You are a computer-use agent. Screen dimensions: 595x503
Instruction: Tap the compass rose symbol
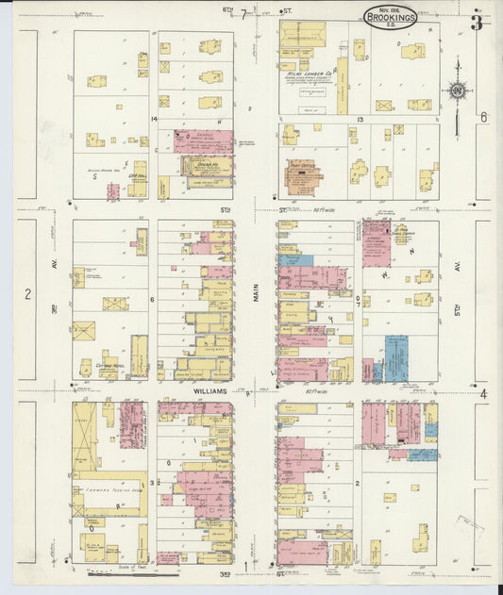click(x=458, y=91)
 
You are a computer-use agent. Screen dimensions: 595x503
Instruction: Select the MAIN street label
click(x=255, y=295)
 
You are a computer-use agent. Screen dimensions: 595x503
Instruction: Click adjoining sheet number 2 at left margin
click(x=27, y=294)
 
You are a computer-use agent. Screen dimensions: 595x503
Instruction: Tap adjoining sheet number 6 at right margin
click(x=482, y=118)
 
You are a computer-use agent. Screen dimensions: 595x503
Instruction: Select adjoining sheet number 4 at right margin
click(x=482, y=394)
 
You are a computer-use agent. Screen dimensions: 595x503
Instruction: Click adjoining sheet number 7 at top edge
click(x=243, y=13)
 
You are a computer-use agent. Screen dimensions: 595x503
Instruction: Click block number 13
click(x=360, y=121)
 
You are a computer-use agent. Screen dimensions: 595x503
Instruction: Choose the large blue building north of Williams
click(x=395, y=358)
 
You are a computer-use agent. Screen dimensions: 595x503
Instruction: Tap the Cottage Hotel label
click(x=111, y=364)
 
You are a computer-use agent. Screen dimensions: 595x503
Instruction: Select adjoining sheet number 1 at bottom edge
click(x=246, y=567)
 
